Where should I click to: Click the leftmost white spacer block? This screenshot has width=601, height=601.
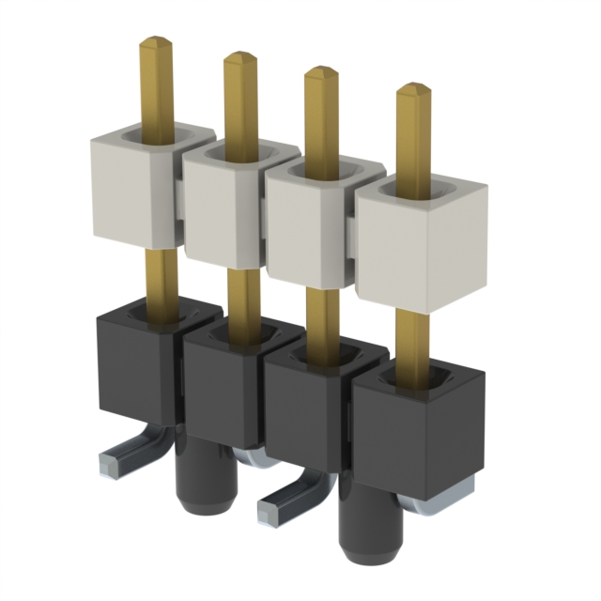coord(131,188)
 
